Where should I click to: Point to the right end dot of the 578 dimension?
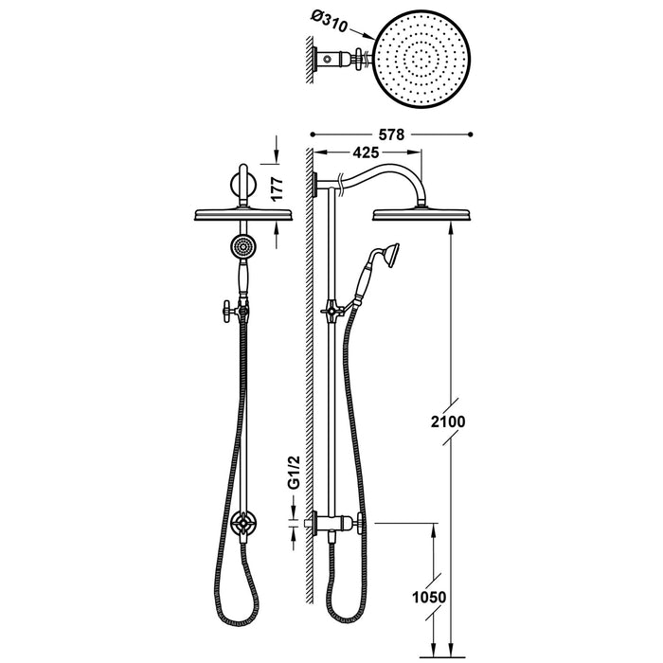click(x=471, y=135)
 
